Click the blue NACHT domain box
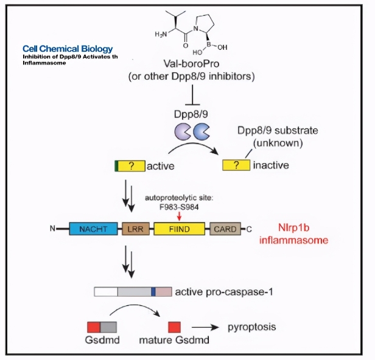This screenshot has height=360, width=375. pyautogui.click(x=93, y=229)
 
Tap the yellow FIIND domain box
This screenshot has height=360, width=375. pyautogui.click(x=178, y=229)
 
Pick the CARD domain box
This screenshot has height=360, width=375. pyautogui.click(x=223, y=229)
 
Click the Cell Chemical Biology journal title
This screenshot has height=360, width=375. pyautogui.click(x=68, y=49)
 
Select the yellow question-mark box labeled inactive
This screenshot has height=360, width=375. pyautogui.click(x=234, y=165)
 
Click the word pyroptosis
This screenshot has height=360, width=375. pyautogui.click(x=251, y=327)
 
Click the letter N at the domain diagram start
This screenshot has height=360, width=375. pyautogui.click(x=54, y=230)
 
